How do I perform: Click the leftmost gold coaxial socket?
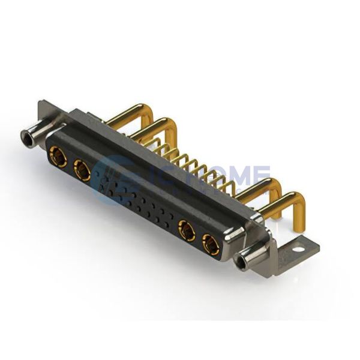58,156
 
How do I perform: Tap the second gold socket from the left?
82,171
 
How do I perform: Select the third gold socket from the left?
187,230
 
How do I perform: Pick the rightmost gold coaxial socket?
211,244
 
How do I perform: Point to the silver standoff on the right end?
247,260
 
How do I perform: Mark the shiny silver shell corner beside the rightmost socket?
231,242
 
